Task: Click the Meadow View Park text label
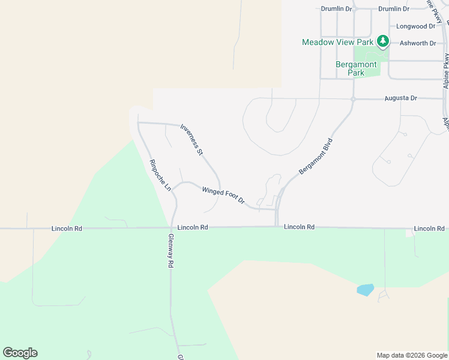[337, 42]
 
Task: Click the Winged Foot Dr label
[223, 195]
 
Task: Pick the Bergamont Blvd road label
[316, 157]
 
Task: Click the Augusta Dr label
[400, 98]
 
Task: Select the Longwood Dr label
[416, 26]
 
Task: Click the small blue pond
[365, 290]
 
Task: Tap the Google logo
[20, 353]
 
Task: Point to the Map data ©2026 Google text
[411, 355]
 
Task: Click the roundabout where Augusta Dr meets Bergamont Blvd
[354, 99]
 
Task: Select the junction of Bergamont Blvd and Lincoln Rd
[277, 227]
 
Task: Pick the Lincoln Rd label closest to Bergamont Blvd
[300, 227]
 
